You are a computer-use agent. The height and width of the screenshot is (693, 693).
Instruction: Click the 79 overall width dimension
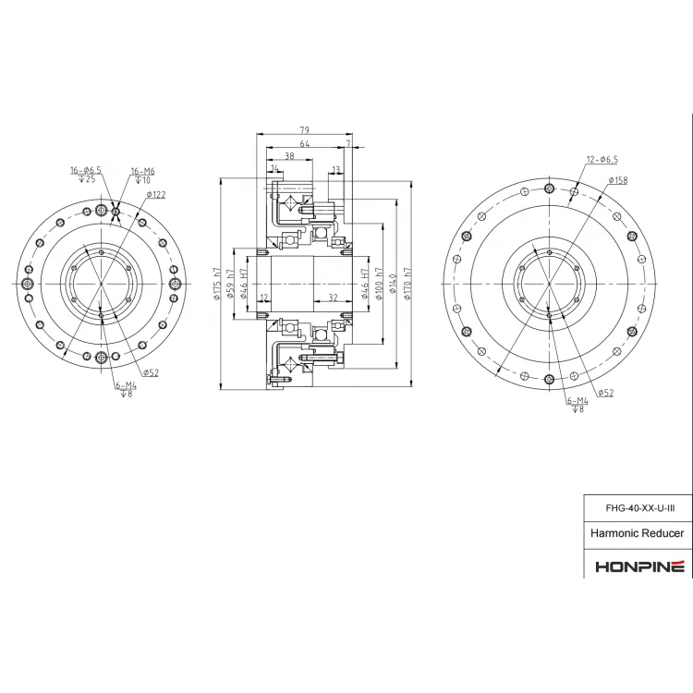coord(305,130)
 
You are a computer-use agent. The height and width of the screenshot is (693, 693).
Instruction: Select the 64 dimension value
coord(305,143)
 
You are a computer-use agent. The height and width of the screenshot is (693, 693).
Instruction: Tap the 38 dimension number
coord(289,155)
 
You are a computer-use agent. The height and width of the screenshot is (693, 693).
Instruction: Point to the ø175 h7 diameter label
coord(216,284)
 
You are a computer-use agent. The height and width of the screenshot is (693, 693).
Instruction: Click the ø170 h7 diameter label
coord(407,284)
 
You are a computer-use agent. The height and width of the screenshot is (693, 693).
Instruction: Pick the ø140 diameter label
coord(394,284)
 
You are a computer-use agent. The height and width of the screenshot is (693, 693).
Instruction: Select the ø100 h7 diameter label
coord(379,284)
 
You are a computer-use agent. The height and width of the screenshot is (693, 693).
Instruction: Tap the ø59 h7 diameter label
coord(229,284)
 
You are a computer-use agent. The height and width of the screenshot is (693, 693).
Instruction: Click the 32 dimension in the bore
coord(333,298)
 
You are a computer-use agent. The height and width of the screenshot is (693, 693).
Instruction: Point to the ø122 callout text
coord(156,194)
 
